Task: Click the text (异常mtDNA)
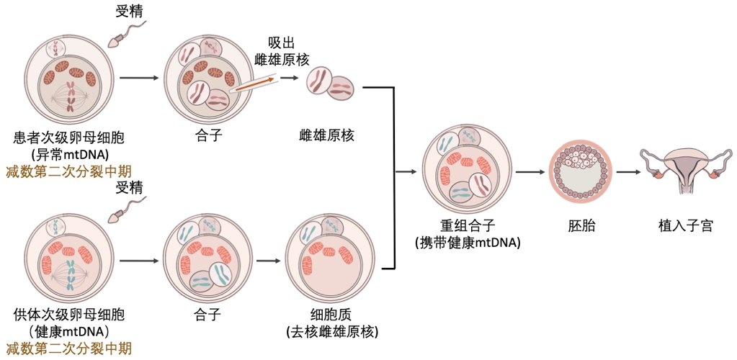pos(70,154)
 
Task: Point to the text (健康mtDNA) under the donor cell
pos(70,330)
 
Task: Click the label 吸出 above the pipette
pos(282,43)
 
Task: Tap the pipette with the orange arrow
pos(254,84)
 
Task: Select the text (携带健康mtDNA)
pos(468,243)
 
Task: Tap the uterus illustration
pos(687,170)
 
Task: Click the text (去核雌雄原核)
pos(332,331)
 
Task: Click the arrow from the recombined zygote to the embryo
pos(529,171)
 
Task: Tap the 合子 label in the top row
pos(207,138)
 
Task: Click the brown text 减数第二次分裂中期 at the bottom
pos(68,348)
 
